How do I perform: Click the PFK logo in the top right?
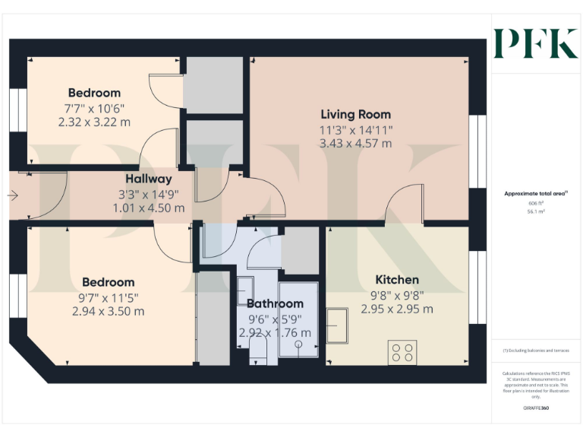tap(535, 43)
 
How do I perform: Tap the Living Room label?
tap(356, 115)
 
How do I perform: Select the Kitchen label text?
tap(396, 280)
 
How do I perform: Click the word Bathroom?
tap(274, 304)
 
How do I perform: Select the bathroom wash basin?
tap(245, 290)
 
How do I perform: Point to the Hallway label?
tap(149, 179)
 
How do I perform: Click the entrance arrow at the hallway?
tap(13, 195)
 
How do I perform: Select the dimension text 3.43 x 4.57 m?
tap(356, 143)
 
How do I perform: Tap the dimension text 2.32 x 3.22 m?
tap(94, 121)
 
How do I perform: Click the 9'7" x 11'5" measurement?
tap(109, 297)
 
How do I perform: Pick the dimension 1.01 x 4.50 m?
tap(149, 208)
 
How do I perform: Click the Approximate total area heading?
tap(536, 194)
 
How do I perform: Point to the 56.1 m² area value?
tap(536, 212)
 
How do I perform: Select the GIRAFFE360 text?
tap(536, 408)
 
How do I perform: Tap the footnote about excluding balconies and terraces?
tap(536, 351)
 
